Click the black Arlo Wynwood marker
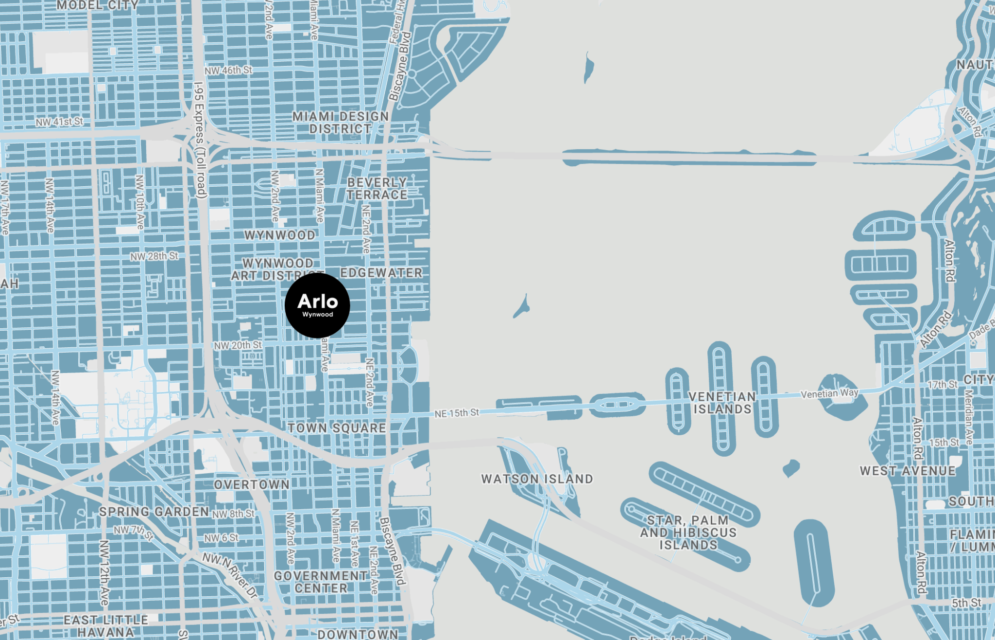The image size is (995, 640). click(x=317, y=305)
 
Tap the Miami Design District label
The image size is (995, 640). click(x=341, y=123)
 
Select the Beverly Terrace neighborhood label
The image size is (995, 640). click(x=377, y=188)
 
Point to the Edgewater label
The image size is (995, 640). click(x=381, y=273)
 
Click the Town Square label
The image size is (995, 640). click(x=337, y=428)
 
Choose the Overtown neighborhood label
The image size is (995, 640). click(x=252, y=484)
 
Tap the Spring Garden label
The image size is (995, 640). click(x=154, y=512)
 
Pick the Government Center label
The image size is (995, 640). click(x=321, y=582)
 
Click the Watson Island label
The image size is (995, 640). click(x=537, y=479)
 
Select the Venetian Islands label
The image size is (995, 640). click(x=722, y=403)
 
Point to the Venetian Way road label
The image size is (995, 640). click(x=829, y=393)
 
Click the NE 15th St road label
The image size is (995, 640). click(x=457, y=413)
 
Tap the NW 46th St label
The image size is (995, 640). click(x=228, y=71)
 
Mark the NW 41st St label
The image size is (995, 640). click(x=59, y=122)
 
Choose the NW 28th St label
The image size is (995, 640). click(x=154, y=256)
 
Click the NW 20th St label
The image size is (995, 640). click(x=238, y=345)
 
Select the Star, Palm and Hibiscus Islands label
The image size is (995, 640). click(x=688, y=533)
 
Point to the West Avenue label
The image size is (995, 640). click(x=908, y=471)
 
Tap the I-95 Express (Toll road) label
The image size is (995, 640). click(x=200, y=140)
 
